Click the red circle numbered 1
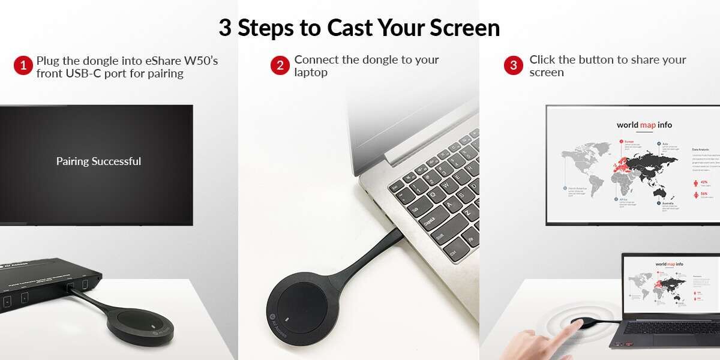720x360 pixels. click(x=23, y=65)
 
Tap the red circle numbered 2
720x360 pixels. click(x=280, y=65)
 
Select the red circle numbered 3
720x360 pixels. click(x=513, y=65)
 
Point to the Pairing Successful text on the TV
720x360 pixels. click(x=98, y=161)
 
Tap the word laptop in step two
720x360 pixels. click(x=311, y=72)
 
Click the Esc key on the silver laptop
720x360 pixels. click(x=395, y=188)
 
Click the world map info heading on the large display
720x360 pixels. click(x=644, y=125)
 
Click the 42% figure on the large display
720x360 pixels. click(x=704, y=182)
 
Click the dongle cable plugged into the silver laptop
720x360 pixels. click(x=371, y=252)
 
